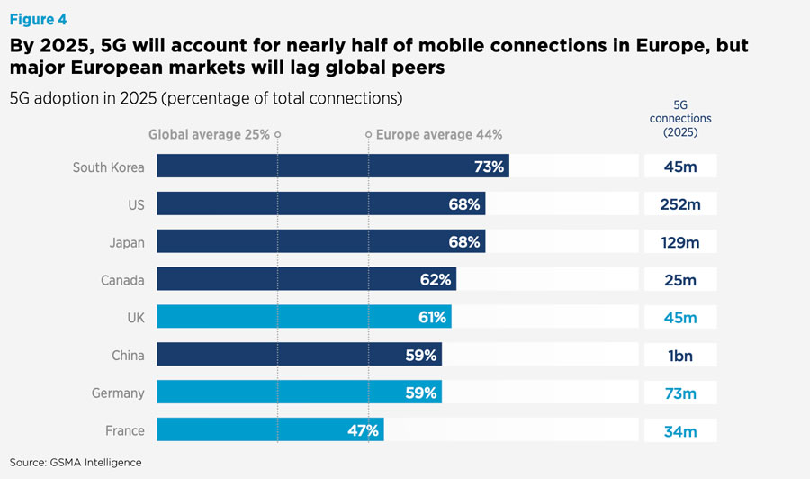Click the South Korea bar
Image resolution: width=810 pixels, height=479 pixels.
[332, 167]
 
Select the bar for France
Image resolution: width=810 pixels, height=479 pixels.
[270, 429]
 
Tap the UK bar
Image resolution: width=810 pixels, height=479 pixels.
[303, 317]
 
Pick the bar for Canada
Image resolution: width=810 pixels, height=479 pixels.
[306, 279]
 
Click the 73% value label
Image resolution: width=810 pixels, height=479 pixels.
[489, 167]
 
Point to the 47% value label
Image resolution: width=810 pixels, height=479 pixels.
[363, 429]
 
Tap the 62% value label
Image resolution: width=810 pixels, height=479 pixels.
[435, 279]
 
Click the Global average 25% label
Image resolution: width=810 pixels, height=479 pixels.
[209, 134]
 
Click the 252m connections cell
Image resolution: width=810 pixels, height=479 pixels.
[679, 204]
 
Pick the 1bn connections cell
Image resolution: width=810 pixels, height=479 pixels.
[679, 355]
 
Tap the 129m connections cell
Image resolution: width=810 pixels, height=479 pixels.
[679, 242]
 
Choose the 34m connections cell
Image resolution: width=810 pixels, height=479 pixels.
[679, 430]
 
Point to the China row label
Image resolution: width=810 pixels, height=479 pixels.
[128, 355]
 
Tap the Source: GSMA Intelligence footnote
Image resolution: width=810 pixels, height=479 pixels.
[76, 462]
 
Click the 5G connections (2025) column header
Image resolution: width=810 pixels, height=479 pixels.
[680, 118]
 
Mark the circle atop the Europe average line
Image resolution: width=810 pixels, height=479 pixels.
[368, 134]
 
